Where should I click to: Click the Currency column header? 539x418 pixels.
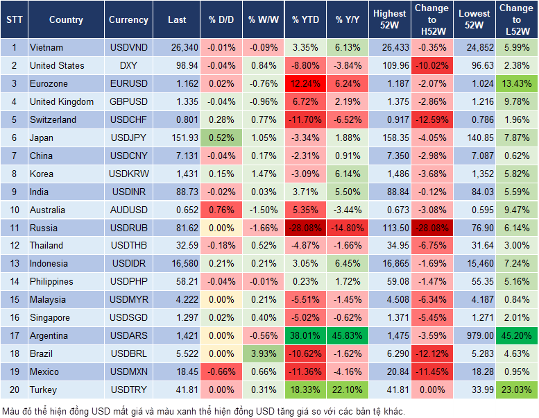128,20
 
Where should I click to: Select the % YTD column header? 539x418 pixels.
305,20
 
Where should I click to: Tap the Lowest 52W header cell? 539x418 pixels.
475,19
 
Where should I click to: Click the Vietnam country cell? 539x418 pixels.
46,48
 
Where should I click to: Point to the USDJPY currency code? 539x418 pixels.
128,137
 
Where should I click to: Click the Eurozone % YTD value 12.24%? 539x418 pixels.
305,84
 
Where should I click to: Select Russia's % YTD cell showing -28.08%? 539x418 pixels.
305,228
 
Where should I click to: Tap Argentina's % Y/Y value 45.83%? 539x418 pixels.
348,336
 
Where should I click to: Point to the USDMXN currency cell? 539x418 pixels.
128,371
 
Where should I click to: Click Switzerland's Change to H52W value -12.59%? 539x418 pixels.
431,119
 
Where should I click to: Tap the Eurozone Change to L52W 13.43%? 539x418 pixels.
516,84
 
